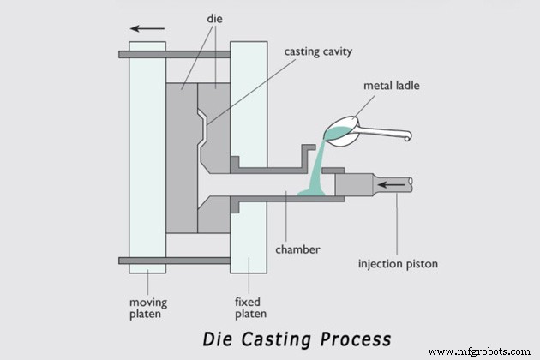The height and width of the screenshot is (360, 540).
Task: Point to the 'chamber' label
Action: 298,249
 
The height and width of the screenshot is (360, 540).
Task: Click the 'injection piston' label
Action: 398,264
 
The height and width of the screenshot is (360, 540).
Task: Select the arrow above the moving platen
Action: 147,28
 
